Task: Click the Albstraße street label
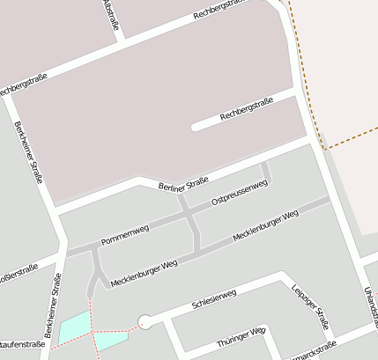(x=110, y=15)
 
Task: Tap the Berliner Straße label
(x=183, y=184)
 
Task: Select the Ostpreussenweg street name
(x=240, y=195)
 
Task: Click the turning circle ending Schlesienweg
(x=145, y=322)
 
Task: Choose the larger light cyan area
(x=74, y=327)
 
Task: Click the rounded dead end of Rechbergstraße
(x=196, y=127)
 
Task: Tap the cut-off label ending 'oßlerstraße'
(x=18, y=269)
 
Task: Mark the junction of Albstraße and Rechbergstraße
(x=121, y=39)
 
